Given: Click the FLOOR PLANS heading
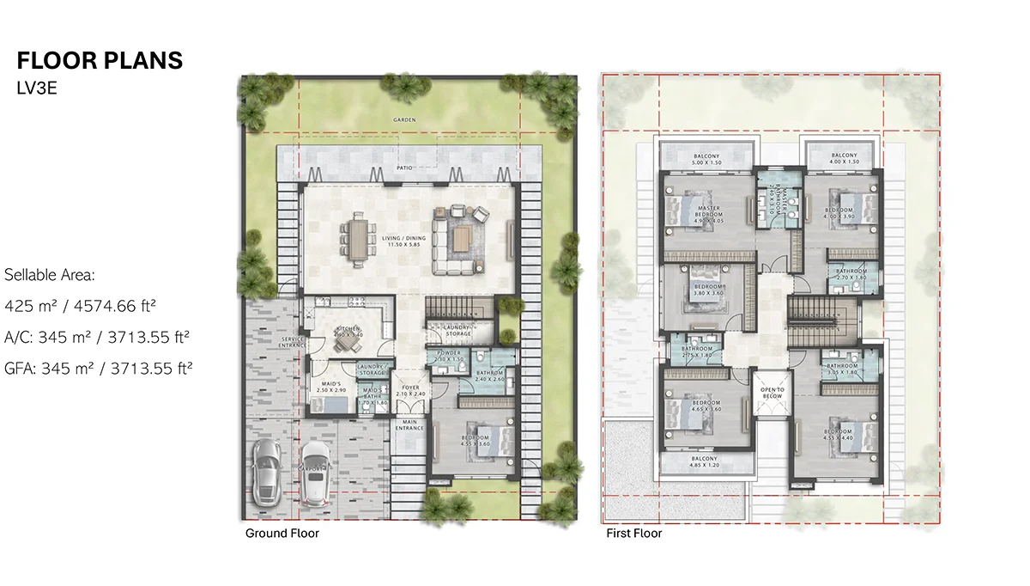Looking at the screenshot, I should [x=100, y=61].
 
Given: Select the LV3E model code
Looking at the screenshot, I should [x=37, y=88].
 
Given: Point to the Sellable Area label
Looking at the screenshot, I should [x=49, y=275].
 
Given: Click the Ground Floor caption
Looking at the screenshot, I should [x=282, y=534].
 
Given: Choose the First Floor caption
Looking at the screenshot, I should [x=633, y=534].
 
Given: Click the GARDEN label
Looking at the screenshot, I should [x=403, y=120].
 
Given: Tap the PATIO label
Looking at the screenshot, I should [x=403, y=168].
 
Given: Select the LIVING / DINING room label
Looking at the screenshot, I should [x=395, y=241].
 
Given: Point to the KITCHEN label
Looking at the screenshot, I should [x=348, y=330].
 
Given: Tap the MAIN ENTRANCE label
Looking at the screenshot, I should [x=409, y=424].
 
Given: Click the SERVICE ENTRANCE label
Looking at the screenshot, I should [x=294, y=342].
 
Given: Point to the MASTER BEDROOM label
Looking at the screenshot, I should [x=709, y=211].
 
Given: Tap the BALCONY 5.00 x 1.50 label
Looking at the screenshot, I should [x=709, y=158].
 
